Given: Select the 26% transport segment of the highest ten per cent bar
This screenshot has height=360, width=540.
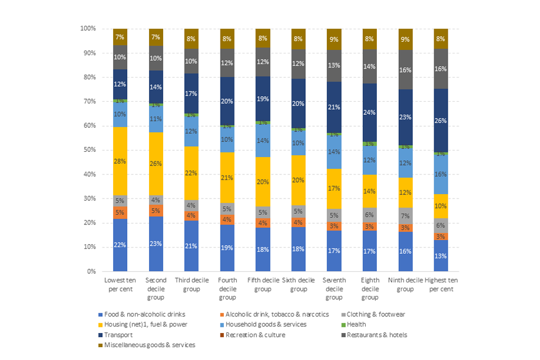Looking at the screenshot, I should (x=441, y=120).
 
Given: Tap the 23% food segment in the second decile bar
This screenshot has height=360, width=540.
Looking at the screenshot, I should (x=156, y=244).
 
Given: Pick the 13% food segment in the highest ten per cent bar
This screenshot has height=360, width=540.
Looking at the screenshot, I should (x=441, y=256).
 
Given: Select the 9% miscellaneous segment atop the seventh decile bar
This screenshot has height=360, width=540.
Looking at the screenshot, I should (x=334, y=39).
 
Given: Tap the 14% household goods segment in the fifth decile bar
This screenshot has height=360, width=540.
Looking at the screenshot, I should (x=263, y=141).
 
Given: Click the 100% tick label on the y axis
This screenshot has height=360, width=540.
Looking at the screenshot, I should (x=88, y=28).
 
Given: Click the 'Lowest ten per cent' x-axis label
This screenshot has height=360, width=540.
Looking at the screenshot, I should (x=120, y=284).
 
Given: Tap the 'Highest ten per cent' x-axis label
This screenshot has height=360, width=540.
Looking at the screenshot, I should (x=441, y=284).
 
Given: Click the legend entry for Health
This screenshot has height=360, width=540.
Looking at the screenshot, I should (x=354, y=324).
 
